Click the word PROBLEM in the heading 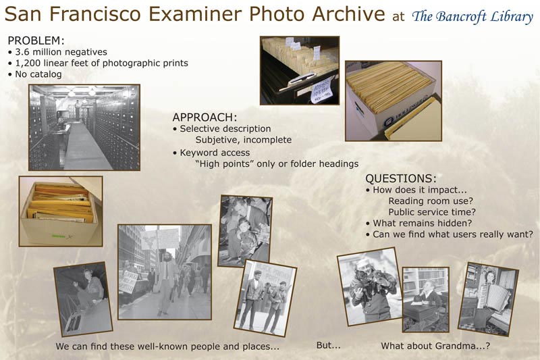[34, 41]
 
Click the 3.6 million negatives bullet [57, 52]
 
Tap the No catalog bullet [35, 74]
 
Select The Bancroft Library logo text [473, 16]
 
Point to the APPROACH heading [205, 118]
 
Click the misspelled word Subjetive [217, 140]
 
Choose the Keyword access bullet [211, 153]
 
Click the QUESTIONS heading [400, 178]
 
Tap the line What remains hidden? [418, 224]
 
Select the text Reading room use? [431, 201]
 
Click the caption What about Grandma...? [435, 346]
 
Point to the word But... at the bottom [329, 345]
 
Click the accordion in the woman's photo [493, 297]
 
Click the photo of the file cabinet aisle [84, 128]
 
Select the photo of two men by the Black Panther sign [265, 298]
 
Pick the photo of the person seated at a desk [426, 299]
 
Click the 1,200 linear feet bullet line [98, 63]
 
